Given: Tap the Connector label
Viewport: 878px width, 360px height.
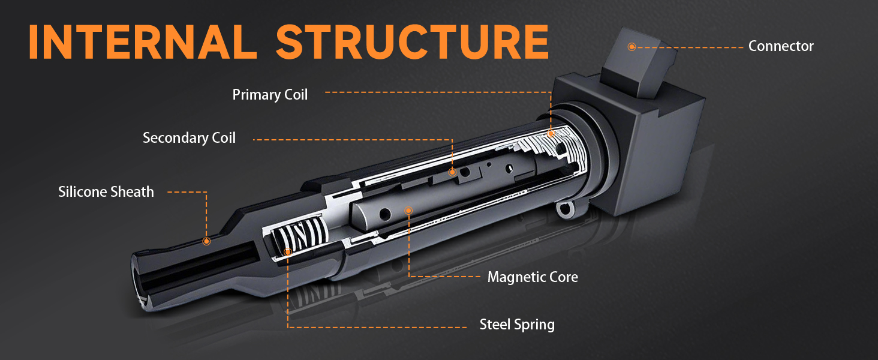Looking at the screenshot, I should coord(781,46).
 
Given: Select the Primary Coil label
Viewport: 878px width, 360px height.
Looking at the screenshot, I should coord(270,95).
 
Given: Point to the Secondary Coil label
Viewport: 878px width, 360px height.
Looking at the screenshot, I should coord(189,138).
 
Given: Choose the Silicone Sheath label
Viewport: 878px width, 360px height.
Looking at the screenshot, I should coord(106,192).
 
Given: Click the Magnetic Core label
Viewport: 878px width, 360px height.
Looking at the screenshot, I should coord(533,277).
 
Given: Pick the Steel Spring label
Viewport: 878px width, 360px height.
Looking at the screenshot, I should coord(517,325).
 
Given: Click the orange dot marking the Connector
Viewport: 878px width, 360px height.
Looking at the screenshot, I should coord(632,47).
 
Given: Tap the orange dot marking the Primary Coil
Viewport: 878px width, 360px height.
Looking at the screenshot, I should coord(551,133).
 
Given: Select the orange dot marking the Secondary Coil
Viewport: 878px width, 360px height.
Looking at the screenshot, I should coord(453,172).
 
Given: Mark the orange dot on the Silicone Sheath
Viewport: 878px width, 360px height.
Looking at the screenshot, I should coord(206,241).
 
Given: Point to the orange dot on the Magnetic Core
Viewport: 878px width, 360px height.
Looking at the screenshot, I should coord(408,211).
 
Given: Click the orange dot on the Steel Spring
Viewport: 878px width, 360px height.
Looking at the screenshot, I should coord(288,252).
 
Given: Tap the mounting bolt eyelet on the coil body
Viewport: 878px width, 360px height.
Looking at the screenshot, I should coord(563,209).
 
